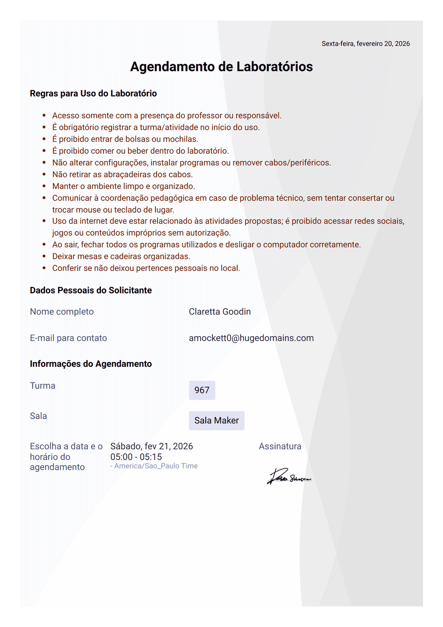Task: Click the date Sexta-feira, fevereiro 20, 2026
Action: coord(365,44)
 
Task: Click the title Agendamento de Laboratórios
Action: coord(222,67)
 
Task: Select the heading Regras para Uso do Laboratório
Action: coord(93,93)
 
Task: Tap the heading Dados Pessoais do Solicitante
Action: coord(91,290)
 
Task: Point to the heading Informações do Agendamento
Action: coord(91,364)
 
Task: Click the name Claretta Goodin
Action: coord(220,312)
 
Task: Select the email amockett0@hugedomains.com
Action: coord(251,338)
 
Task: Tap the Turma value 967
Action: coord(202,390)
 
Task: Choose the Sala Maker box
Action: coord(216,420)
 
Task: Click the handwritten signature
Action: coord(289,477)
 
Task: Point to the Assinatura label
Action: coord(280,446)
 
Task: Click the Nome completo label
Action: coord(62,312)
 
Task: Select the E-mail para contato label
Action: coord(68,338)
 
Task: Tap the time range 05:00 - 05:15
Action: coord(136,457)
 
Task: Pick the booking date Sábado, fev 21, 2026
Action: coord(151,446)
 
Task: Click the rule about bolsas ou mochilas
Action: coord(125,139)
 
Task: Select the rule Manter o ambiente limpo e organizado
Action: coord(123,186)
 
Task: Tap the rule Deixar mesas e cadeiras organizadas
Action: coord(121,256)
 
